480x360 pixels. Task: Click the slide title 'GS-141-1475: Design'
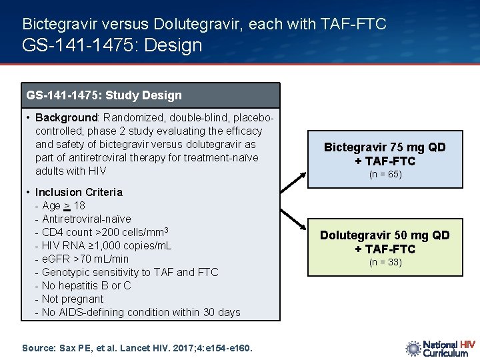(x=112, y=45)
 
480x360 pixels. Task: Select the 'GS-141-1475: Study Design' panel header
(x=103, y=95)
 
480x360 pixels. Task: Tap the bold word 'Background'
(x=67, y=118)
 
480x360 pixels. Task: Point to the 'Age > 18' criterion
(x=63, y=205)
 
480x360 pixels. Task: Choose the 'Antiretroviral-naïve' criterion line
(x=86, y=219)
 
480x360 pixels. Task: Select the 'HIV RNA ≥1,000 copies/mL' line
(x=107, y=245)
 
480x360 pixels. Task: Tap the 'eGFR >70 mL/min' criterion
(x=85, y=259)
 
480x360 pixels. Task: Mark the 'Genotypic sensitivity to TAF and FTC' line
(x=129, y=272)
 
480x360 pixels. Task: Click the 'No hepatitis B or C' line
(x=86, y=285)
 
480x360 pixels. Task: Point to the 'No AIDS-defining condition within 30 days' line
(x=141, y=312)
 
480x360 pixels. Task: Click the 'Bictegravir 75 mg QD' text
(x=385, y=147)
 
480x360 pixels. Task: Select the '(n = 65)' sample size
(x=385, y=175)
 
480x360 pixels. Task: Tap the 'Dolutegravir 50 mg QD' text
(x=385, y=235)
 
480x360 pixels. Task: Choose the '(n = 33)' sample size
(x=385, y=263)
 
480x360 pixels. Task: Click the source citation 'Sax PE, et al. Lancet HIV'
(x=137, y=347)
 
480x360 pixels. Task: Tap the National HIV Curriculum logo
(x=441, y=348)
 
